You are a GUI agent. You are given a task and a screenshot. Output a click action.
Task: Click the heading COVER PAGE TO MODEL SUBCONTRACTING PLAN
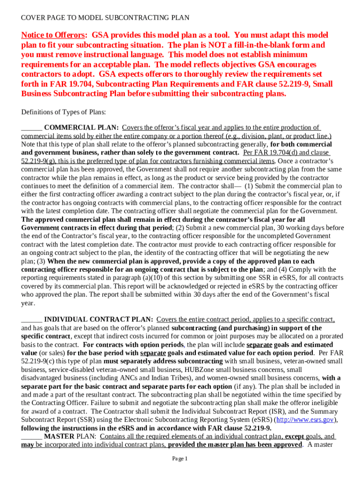105,18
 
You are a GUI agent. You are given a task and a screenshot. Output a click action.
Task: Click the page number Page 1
180,459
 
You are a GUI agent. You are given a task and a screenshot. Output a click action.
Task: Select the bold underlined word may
27,444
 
